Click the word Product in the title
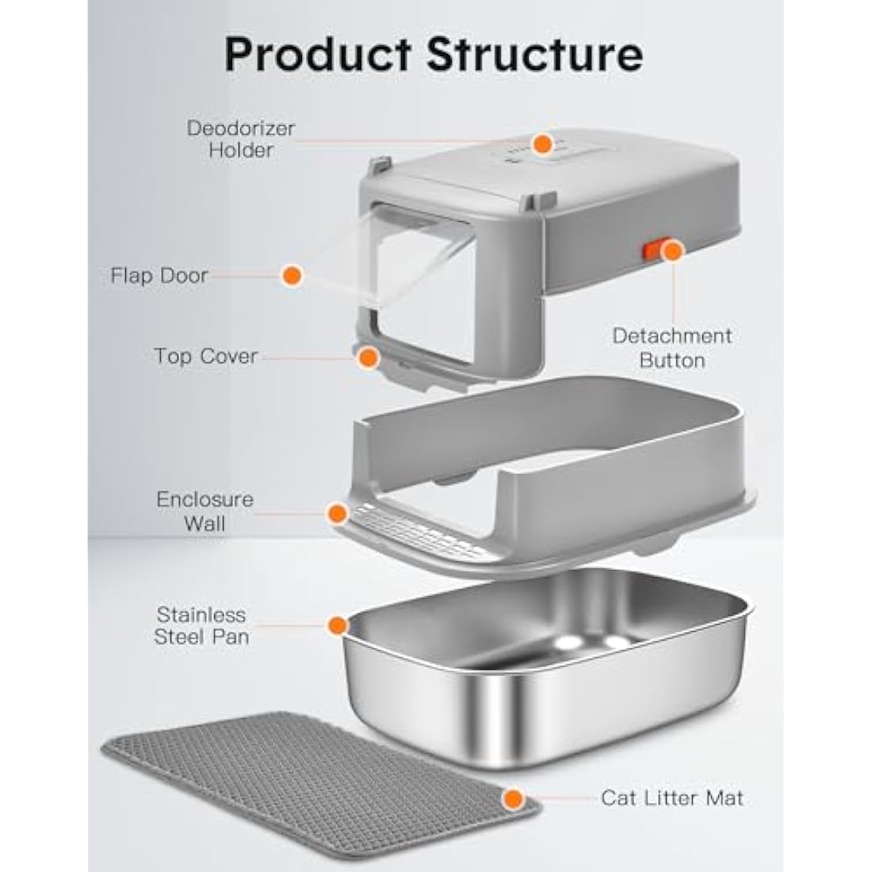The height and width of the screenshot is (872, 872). [318, 55]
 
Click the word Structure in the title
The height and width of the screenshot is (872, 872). [535, 55]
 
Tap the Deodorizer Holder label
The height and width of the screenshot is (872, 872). [241, 139]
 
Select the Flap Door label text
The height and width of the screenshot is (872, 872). [159, 275]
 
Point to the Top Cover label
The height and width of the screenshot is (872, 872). [206, 356]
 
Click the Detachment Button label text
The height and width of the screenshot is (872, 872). [671, 348]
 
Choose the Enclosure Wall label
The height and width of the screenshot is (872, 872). [205, 511]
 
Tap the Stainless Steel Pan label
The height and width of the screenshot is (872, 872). [201, 625]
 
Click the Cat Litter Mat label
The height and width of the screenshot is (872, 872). [671, 798]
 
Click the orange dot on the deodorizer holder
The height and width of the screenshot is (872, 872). [542, 144]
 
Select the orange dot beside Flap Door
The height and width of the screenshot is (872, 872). [292, 275]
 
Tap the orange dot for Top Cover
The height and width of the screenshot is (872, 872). [368, 358]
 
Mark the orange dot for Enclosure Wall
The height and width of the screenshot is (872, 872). [338, 514]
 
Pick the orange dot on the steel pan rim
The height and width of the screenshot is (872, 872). [338, 625]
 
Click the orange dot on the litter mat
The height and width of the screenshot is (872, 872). [513, 799]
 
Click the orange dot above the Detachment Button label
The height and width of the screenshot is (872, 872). [672, 251]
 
